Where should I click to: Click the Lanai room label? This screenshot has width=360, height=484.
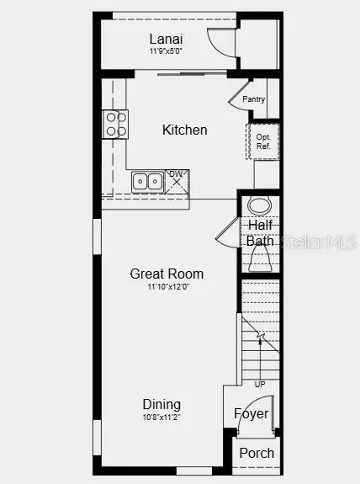(167, 39)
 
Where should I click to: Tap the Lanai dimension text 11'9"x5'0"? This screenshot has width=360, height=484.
(167, 51)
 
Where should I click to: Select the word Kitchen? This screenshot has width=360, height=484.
(184, 130)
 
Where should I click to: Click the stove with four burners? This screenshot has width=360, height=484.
(115, 124)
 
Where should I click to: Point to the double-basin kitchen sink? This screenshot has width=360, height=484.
(148, 181)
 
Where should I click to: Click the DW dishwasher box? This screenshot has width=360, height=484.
(177, 180)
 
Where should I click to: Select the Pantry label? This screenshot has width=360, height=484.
(253, 99)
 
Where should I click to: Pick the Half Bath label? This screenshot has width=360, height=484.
(261, 233)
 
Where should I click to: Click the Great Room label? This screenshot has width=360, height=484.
(167, 274)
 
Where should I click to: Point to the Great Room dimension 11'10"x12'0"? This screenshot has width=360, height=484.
(167, 287)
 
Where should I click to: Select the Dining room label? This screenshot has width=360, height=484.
(161, 404)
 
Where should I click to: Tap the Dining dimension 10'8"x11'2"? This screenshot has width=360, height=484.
(161, 417)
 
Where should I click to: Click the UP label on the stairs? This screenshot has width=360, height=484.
(260, 384)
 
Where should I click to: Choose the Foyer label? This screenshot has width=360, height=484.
(251, 413)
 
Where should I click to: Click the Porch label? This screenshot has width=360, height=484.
(257, 453)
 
